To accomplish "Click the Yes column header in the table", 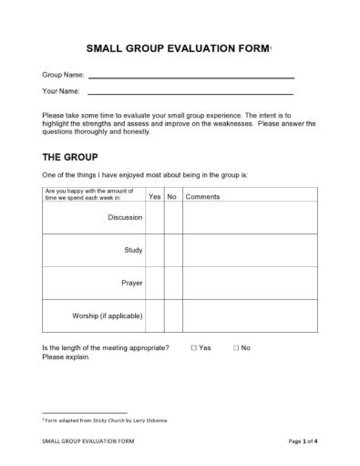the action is [x=154, y=196].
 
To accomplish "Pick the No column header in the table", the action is [x=171, y=196].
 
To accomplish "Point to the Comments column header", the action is [x=202, y=196].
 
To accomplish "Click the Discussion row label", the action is [x=125, y=218].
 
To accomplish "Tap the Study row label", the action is [x=133, y=250].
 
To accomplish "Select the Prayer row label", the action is [x=131, y=283].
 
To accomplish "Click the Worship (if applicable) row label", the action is [x=107, y=316].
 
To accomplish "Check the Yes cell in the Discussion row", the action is [x=154, y=218].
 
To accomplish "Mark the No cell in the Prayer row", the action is [x=171, y=283].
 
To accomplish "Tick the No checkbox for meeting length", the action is [x=235, y=348].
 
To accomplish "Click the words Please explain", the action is [x=67, y=357].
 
